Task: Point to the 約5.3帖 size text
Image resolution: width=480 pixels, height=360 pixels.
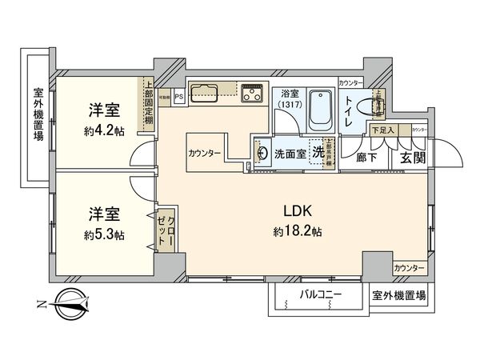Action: point(104,234)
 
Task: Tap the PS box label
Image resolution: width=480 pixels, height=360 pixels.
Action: point(178,97)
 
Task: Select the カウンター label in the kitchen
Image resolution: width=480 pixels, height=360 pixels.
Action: point(206,152)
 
